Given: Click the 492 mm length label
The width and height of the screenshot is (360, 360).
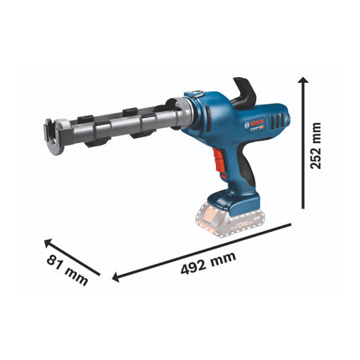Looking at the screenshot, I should click(204, 261).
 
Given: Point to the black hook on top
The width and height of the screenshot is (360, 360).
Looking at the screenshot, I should click(248, 91).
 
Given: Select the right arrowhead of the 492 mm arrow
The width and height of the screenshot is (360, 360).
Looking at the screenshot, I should click(288, 225).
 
